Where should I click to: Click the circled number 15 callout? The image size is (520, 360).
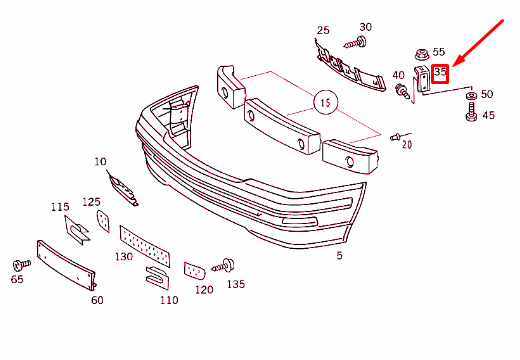pyautogui.click(x=325, y=102)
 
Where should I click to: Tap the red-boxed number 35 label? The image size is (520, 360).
pyautogui.click(x=440, y=74)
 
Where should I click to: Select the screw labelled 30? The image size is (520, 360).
pyautogui.click(x=355, y=43)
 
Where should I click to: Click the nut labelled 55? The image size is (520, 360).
pyautogui.click(x=422, y=55)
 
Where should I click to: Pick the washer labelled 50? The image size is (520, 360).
pyautogui.click(x=471, y=96)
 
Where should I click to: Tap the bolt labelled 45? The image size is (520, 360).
pyautogui.click(x=471, y=112)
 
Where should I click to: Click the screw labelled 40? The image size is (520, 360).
pyautogui.click(x=403, y=92)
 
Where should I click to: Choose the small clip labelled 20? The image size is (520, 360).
pyautogui.click(x=396, y=137)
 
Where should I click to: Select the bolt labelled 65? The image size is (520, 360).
pyautogui.click(x=21, y=265)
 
